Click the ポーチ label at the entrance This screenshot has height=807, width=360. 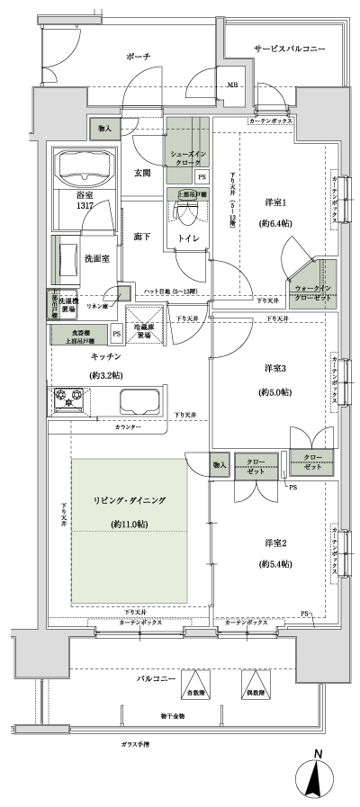coord(138,57)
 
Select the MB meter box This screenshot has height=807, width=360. coord(233,85)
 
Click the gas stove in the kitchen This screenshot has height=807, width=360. coord(68,397)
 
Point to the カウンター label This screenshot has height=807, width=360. coord(128,427)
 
